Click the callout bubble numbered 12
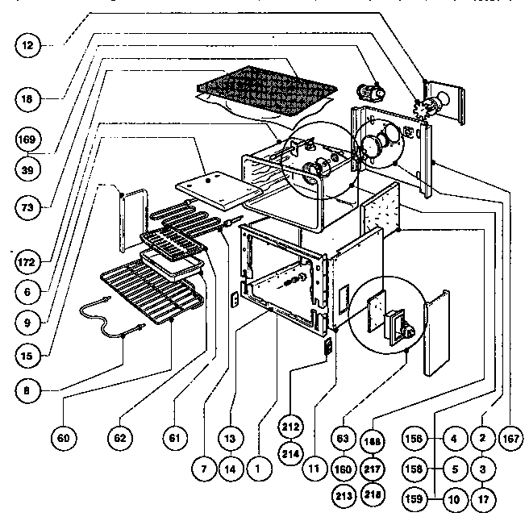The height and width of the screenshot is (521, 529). coord(28,46)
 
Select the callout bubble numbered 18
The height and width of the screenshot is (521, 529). coord(28,100)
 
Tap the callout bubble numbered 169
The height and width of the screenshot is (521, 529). coord(28,140)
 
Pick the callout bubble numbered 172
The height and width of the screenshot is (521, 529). coord(28,262)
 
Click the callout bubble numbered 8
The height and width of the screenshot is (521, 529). coord(28,389)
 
